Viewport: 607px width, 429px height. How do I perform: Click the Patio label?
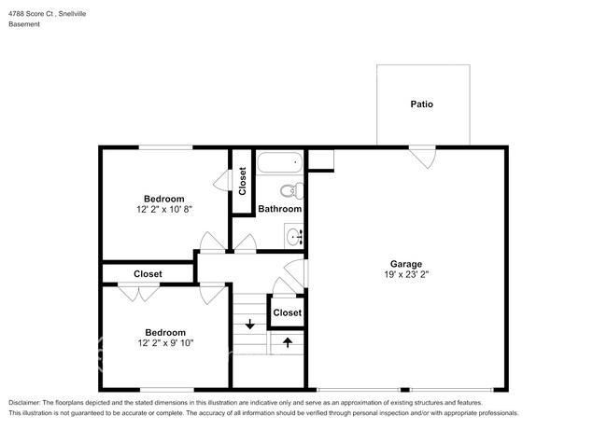click(x=421, y=104)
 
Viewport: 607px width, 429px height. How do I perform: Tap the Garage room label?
click(x=405, y=264)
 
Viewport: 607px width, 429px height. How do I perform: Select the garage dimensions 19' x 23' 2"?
click(x=406, y=274)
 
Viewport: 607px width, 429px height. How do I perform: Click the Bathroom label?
click(x=280, y=209)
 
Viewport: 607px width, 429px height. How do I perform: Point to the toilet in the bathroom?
click(x=292, y=191)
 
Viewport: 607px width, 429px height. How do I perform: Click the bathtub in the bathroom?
click(x=280, y=162)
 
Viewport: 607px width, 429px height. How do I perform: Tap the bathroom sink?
click(x=294, y=236)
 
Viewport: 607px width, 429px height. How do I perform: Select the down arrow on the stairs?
click(x=250, y=324)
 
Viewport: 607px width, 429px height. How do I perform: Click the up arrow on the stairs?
click(x=288, y=342)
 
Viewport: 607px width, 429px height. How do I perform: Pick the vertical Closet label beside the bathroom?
click(x=243, y=181)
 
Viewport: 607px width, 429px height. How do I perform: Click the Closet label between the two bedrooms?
click(x=148, y=273)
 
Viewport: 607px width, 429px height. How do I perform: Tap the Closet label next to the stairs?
click(x=288, y=312)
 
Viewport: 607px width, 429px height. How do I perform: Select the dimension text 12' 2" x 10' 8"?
click(x=164, y=209)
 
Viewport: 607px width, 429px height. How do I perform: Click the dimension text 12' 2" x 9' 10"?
click(x=165, y=343)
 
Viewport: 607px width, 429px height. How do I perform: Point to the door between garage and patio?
click(x=423, y=157)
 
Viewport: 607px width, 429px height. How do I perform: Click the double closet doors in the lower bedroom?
click(x=138, y=292)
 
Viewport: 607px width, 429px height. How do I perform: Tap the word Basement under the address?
click(x=24, y=24)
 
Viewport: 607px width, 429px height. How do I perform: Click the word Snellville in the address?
click(x=73, y=14)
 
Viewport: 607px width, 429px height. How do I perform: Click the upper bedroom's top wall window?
click(x=165, y=147)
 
